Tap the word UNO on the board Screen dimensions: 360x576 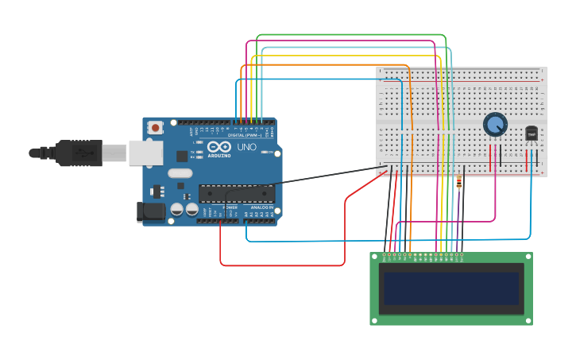[247, 147]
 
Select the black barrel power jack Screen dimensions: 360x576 [149, 211]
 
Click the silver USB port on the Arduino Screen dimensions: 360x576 [145, 153]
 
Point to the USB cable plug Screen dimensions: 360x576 [79, 153]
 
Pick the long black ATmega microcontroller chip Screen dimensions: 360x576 [236, 192]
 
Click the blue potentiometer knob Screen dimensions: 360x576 [495, 125]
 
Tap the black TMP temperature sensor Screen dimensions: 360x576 [531, 134]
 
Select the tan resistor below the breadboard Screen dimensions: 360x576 [460, 183]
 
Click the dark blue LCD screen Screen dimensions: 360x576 [450, 288]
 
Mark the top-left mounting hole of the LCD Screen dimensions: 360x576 [375, 257]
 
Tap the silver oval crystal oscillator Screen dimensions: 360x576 [180, 173]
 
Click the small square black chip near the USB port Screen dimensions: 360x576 [182, 157]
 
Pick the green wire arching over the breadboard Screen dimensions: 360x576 [350, 36]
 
